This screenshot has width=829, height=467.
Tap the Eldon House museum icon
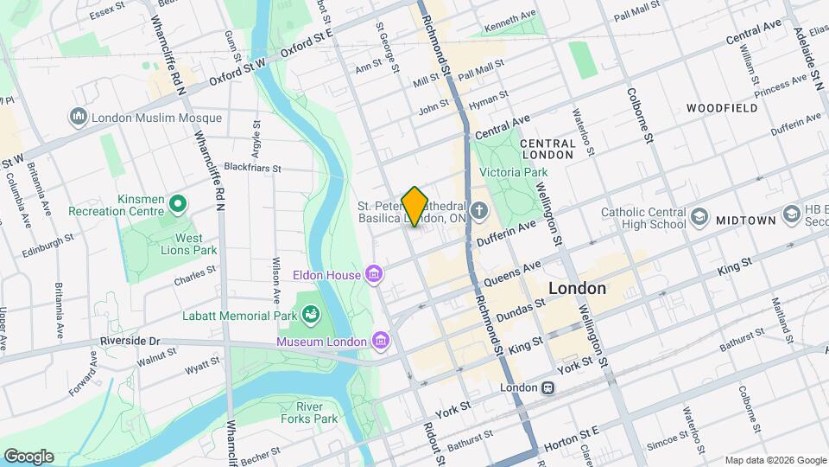pos(374,275)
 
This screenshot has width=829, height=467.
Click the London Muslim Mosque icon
pos(79,117)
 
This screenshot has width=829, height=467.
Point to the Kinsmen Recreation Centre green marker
pos(178,204)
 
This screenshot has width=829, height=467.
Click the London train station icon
pos(547,388)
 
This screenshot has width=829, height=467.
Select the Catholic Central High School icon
pos(699,216)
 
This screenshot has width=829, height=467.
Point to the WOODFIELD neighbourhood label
pos(722,108)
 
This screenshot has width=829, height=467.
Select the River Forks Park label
pos(308,413)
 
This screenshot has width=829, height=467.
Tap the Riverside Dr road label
pos(130,341)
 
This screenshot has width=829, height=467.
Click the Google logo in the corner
pos(28,456)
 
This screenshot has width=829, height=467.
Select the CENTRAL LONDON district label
pos(547,149)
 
